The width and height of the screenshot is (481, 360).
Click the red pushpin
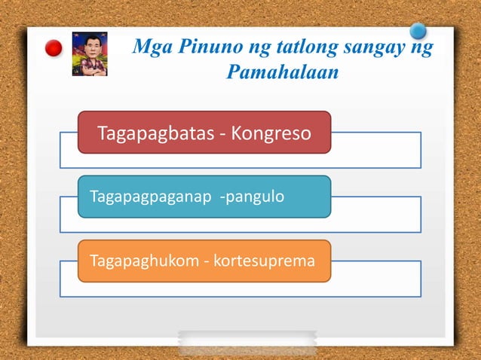click(x=54, y=49)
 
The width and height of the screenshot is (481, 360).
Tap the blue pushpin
click(x=418, y=32)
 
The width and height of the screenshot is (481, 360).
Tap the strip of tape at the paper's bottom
click(x=247, y=343)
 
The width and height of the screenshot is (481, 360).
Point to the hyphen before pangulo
click(x=222, y=197)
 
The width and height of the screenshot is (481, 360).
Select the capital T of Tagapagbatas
click(x=102, y=133)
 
